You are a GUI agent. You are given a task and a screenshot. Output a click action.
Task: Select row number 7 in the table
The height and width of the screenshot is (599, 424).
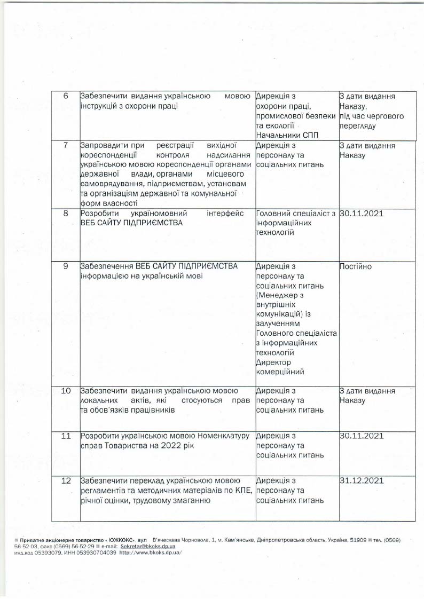point(66,145)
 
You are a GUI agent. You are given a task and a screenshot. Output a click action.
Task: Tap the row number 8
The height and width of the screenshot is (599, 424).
point(66,214)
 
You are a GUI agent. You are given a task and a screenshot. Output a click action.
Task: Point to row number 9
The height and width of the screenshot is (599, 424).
point(66,266)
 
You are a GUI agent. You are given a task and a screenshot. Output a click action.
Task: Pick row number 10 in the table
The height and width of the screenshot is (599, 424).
point(66,391)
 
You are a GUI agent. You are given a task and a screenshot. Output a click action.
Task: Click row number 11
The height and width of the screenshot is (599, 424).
point(66,436)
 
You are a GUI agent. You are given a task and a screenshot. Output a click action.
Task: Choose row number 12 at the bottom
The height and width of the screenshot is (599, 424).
point(66,481)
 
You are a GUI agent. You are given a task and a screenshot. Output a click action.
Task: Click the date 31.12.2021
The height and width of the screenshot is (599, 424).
point(362,481)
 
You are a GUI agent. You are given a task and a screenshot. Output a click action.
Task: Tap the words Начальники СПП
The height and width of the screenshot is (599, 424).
point(287,135)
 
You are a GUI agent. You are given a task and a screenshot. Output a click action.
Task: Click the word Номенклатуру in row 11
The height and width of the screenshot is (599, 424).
point(219,436)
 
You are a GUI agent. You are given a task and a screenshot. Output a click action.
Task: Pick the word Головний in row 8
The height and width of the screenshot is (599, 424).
point(273,214)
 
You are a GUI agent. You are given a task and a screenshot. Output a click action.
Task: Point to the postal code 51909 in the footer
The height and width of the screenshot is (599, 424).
point(358,541)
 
